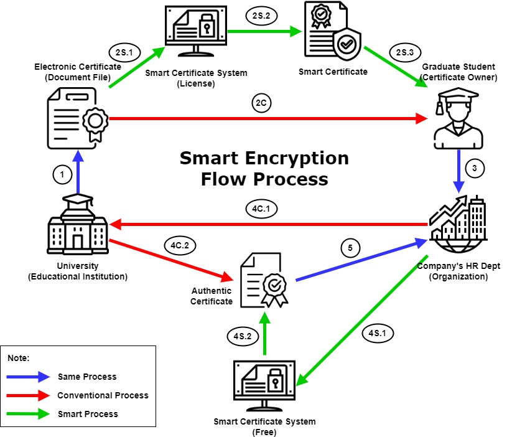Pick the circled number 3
(x=475, y=168)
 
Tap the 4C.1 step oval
(x=260, y=210)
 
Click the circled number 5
(x=350, y=248)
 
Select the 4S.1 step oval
(x=377, y=333)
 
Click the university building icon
(x=78, y=223)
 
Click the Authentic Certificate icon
(x=265, y=280)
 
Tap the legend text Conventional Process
(x=103, y=395)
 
